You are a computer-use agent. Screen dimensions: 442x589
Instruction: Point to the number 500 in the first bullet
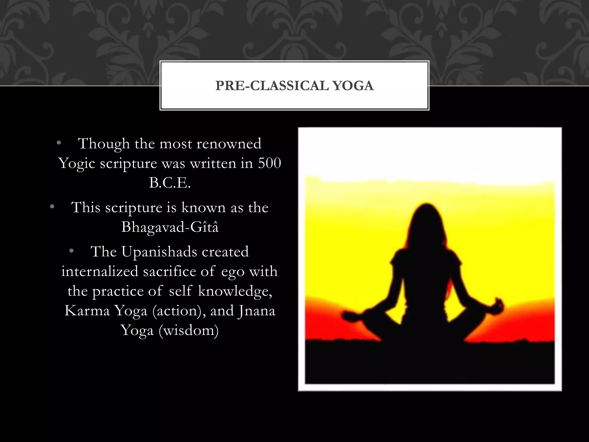click(x=269, y=163)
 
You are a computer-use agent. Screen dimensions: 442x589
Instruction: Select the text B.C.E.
click(x=170, y=183)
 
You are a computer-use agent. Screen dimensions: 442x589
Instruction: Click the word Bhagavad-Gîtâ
click(x=170, y=227)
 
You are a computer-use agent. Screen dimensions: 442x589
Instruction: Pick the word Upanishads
click(x=159, y=252)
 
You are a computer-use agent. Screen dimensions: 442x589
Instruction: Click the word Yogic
click(x=77, y=164)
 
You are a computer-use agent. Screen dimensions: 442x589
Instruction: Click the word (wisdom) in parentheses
click(x=188, y=330)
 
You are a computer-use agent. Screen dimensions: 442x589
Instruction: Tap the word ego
click(x=233, y=272)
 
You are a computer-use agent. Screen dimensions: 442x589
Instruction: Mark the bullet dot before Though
click(x=59, y=143)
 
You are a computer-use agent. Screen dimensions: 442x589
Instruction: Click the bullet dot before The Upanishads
click(x=71, y=252)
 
